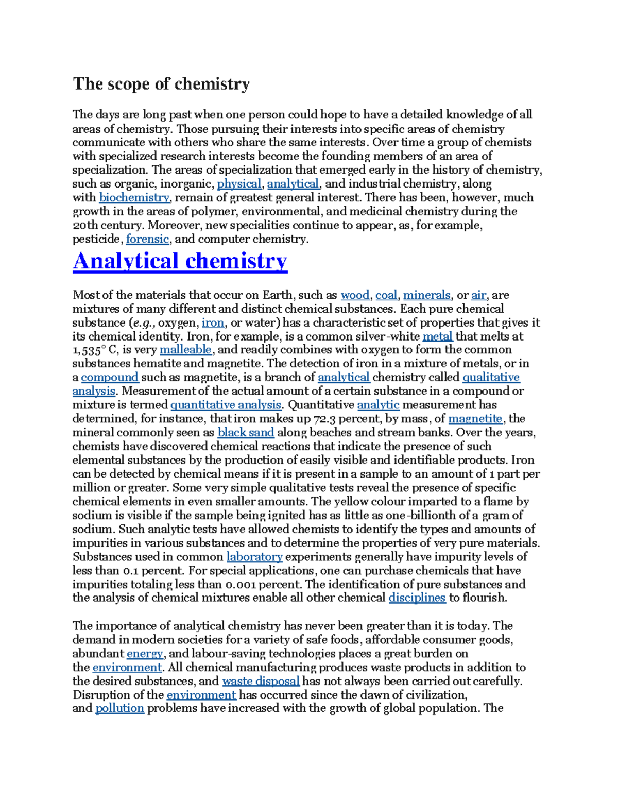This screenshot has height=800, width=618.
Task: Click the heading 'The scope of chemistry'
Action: (x=161, y=84)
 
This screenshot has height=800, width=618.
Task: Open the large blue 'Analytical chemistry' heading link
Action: (x=180, y=261)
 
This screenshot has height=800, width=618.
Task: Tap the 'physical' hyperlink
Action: (x=239, y=184)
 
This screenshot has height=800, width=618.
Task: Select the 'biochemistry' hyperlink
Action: (x=134, y=198)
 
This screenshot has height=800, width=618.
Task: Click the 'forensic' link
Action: (x=147, y=239)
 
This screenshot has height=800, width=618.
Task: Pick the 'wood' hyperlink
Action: (x=355, y=295)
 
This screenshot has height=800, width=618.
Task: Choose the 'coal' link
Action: (x=386, y=295)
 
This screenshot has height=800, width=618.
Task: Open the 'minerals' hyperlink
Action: (x=426, y=295)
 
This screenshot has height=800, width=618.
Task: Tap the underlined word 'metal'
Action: (x=437, y=336)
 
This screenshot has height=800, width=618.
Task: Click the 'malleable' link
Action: (x=185, y=350)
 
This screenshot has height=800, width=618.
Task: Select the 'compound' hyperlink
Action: (x=110, y=378)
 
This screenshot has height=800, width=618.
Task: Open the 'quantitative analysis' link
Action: (x=226, y=405)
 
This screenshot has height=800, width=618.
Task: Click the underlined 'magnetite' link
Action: (x=475, y=419)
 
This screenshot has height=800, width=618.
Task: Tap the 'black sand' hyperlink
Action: (x=246, y=433)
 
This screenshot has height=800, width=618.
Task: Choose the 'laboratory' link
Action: (x=254, y=557)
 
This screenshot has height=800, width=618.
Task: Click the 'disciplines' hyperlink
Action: (x=417, y=598)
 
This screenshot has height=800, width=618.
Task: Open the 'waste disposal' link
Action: (x=261, y=681)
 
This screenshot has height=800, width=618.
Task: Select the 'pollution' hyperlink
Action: (x=119, y=708)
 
